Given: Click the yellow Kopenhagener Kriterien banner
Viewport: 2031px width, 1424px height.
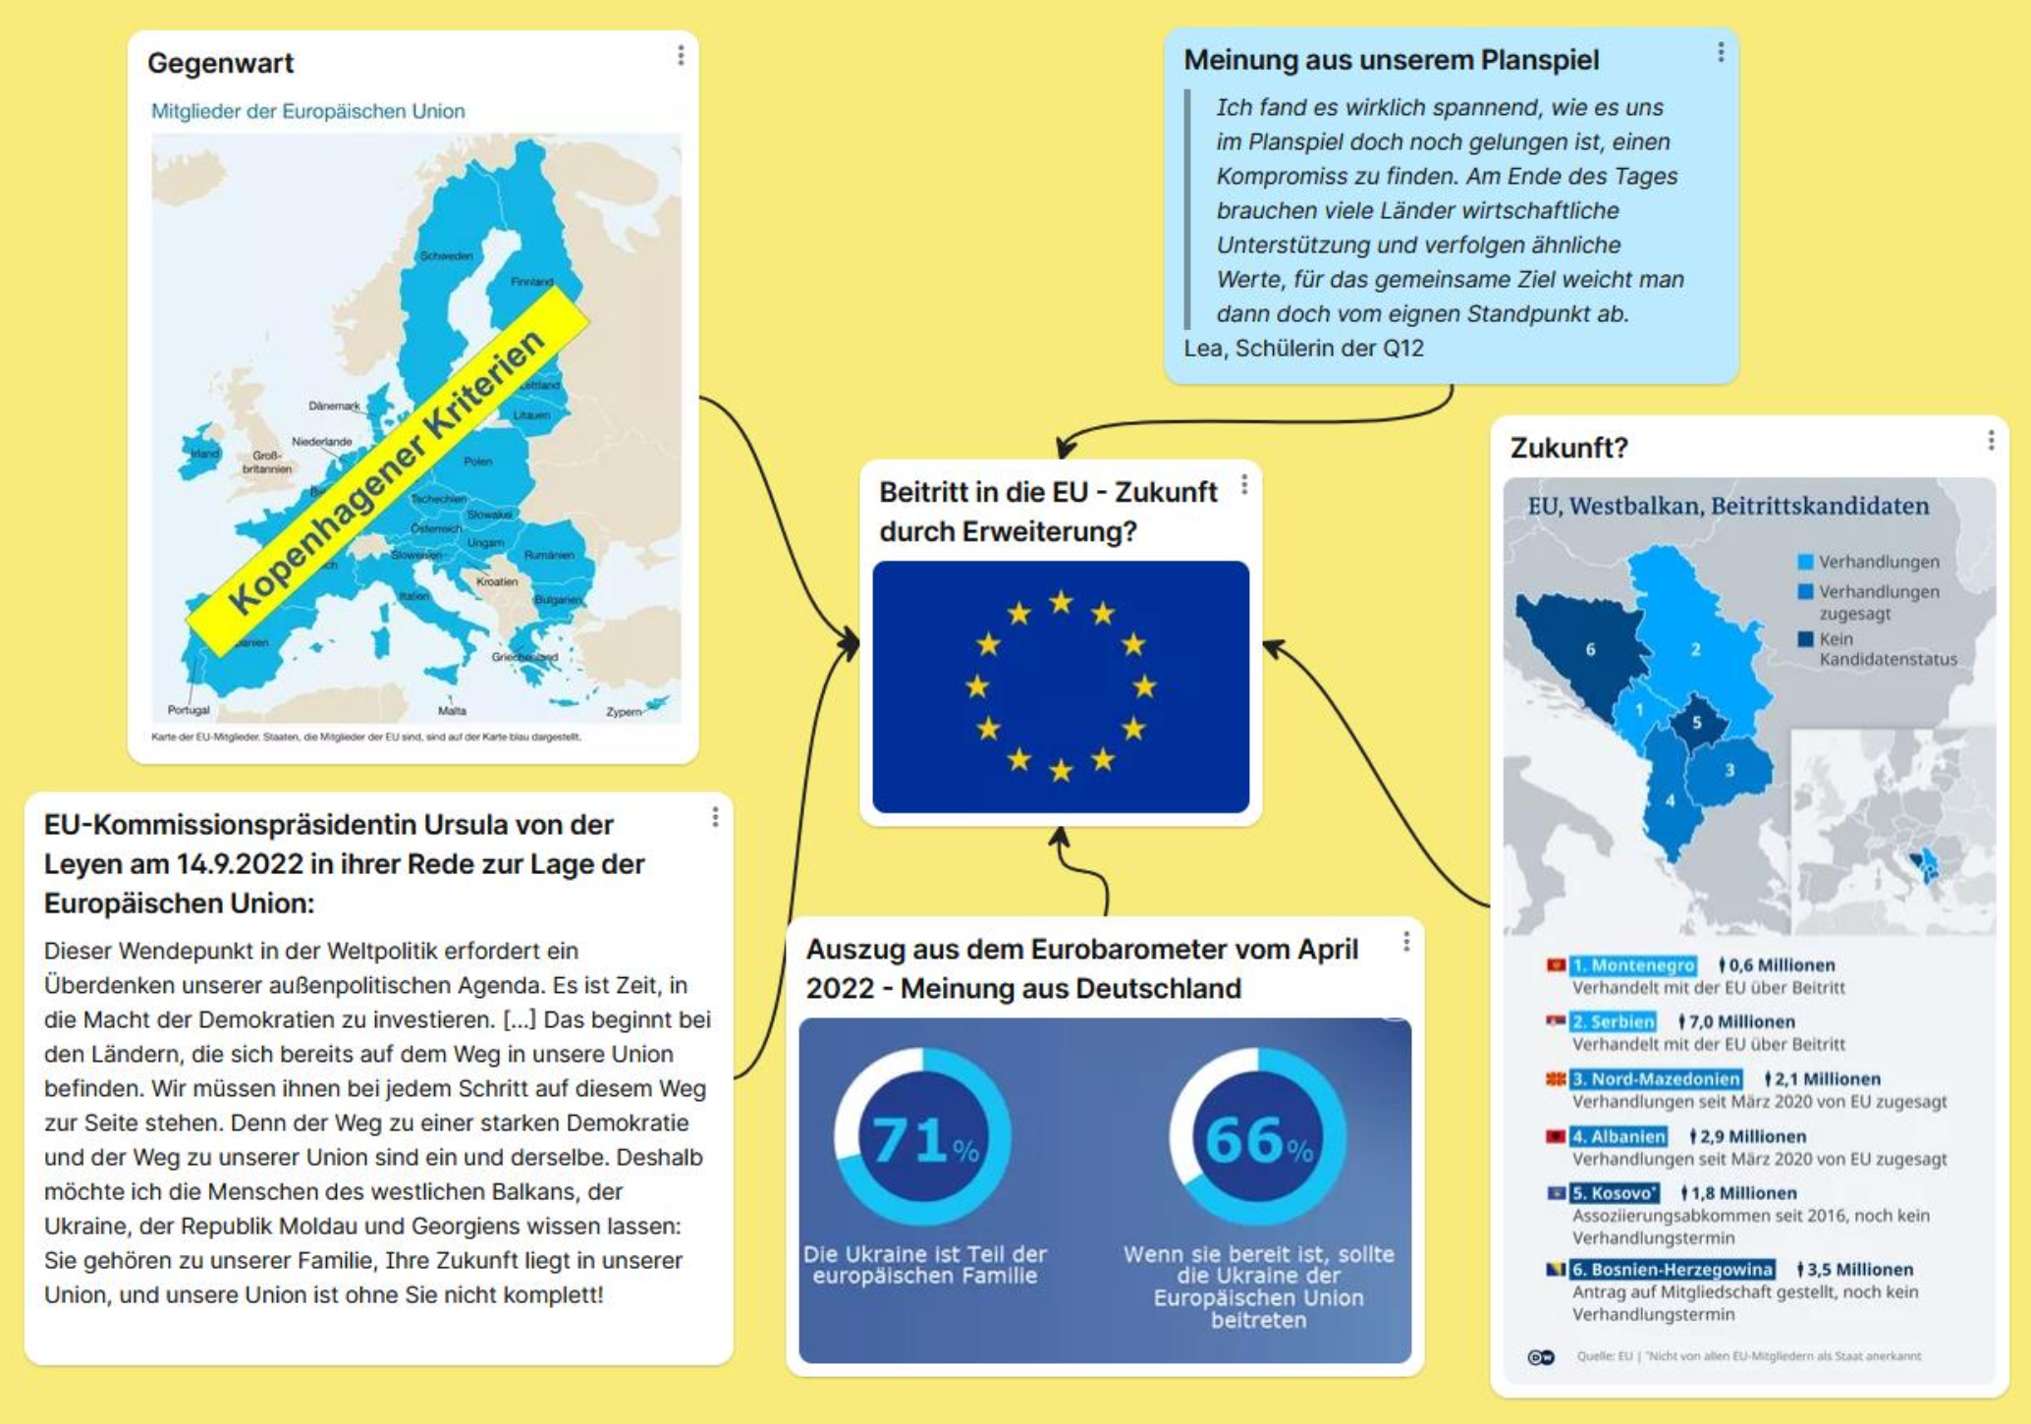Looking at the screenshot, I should [x=389, y=471].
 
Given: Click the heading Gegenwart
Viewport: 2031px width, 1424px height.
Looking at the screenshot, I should [x=220, y=63].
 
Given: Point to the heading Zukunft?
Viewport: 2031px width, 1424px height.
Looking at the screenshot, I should [x=1568, y=448].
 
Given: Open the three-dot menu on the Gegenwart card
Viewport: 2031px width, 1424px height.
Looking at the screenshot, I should [x=681, y=56].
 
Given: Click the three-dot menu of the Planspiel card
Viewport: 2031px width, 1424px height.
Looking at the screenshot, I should [x=1721, y=53].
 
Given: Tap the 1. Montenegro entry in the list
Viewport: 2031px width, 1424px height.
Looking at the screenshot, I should [x=1632, y=965].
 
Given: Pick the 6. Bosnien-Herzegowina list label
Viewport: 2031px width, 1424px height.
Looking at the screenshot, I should [x=1671, y=1270].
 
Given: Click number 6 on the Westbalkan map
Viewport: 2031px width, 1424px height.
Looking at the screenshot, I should [x=1590, y=649].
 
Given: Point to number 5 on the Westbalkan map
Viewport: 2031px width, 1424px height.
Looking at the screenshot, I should [x=1697, y=723].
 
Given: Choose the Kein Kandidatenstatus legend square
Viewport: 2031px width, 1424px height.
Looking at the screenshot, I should [x=1805, y=639].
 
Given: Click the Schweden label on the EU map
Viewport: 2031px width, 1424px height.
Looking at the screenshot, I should [x=446, y=255].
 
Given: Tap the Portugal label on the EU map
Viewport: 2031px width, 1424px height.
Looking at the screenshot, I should [x=189, y=710].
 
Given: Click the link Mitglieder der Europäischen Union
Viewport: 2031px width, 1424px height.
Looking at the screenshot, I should [x=307, y=111].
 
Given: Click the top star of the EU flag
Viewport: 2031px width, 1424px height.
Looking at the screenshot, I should [x=1061, y=601].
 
